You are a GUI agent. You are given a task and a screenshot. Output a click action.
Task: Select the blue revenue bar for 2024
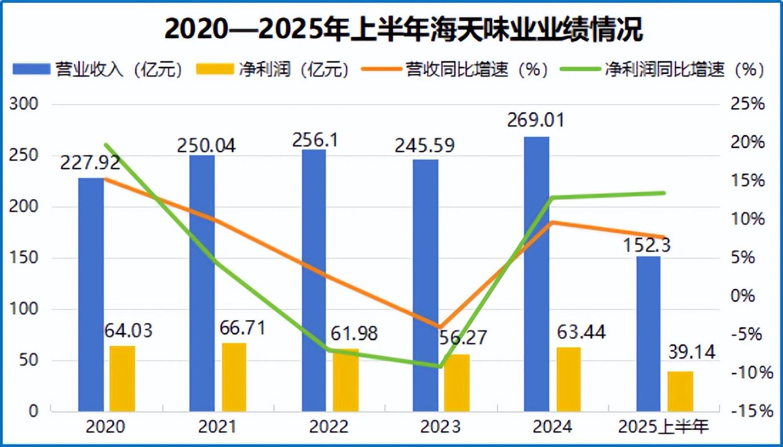[x=537, y=273]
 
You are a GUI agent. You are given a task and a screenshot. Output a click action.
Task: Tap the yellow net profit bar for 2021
[x=234, y=377]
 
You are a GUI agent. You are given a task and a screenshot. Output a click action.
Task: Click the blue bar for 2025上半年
[x=648, y=334]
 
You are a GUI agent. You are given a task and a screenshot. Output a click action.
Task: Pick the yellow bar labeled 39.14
[x=681, y=391]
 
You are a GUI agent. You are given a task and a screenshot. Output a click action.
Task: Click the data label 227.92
[x=90, y=163]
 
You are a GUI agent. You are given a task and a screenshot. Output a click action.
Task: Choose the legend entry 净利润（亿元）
[x=272, y=69]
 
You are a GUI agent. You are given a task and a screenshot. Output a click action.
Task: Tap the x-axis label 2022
[x=329, y=427]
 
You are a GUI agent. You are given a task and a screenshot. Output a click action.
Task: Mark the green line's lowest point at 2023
[x=439, y=366]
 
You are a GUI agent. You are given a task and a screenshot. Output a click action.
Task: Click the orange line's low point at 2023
[x=439, y=326]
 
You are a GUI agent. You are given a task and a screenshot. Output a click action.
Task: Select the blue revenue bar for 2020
[x=91, y=295]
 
